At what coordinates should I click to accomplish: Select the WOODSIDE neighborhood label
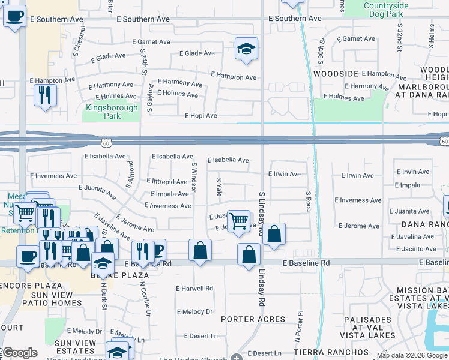[x=336, y=74]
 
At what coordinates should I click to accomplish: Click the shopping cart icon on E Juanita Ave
[x=238, y=220]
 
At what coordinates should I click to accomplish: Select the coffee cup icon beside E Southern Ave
[x=14, y=16]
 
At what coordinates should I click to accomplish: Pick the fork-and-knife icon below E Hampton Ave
[x=45, y=96]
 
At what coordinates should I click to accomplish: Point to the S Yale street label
[x=219, y=187]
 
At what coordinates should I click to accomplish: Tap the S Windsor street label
[x=194, y=176]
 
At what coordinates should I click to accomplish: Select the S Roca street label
[x=308, y=201]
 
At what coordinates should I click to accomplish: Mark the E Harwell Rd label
[x=194, y=289]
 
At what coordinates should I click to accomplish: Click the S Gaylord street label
[x=150, y=98]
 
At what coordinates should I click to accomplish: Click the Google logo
[x=20, y=353]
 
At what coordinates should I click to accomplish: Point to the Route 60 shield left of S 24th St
[x=106, y=142]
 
